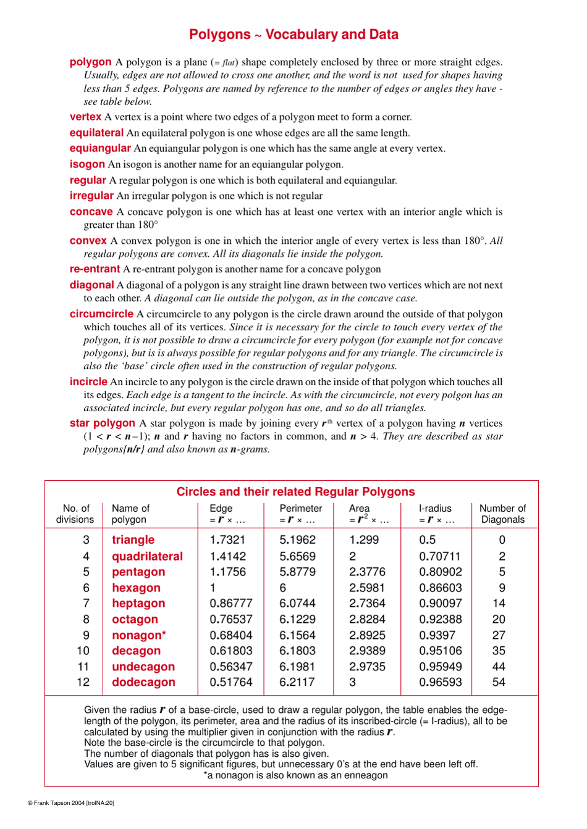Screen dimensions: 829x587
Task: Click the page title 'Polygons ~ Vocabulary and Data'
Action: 293,35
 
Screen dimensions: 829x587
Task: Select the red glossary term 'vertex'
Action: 85,117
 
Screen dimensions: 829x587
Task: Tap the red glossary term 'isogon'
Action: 87,164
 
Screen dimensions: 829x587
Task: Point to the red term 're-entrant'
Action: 95,269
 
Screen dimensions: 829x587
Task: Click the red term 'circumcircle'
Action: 101,314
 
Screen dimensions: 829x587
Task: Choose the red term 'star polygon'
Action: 102,423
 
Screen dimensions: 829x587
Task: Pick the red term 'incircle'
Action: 88,381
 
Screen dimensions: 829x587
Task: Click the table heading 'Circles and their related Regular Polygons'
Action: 295,491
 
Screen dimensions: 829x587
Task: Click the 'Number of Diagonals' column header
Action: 502,514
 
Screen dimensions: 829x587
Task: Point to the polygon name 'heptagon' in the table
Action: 138,603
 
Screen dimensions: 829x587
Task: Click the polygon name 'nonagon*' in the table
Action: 139,635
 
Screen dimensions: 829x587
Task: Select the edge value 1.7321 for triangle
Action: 227,539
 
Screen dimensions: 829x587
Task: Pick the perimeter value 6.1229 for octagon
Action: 297,619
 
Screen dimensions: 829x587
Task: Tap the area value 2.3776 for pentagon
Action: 367,572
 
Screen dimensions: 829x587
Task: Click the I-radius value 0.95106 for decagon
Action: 440,651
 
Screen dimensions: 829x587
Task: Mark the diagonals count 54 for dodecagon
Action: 499,682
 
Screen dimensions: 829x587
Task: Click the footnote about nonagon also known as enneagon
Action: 295,775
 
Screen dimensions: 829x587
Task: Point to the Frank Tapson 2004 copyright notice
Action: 71,803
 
